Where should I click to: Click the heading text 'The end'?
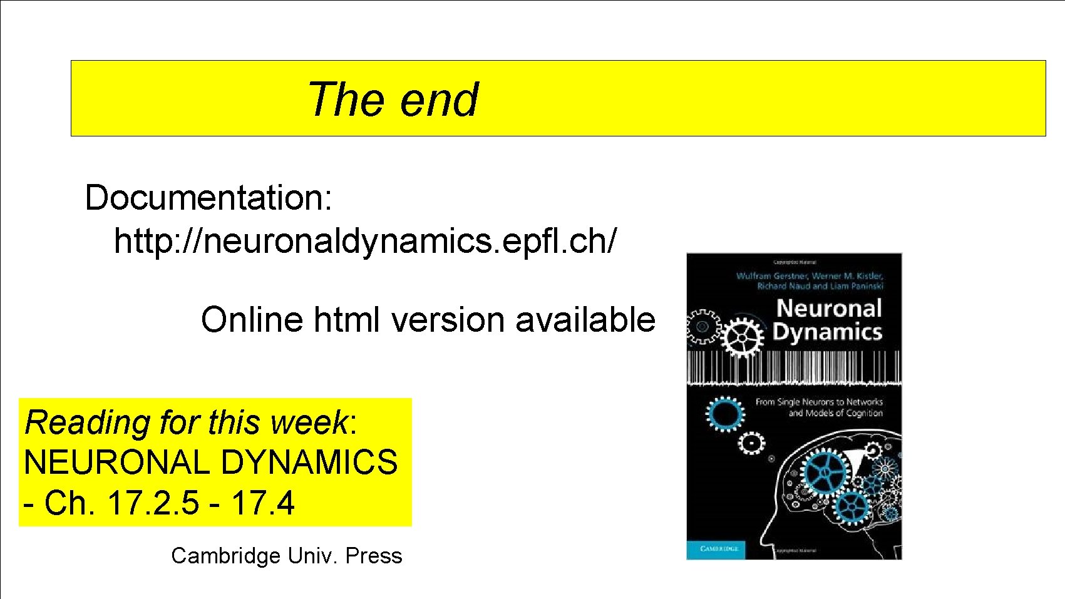click(393, 100)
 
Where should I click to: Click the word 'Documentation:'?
click(208, 198)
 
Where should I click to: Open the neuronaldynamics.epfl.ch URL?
click(365, 241)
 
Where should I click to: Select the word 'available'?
click(585, 320)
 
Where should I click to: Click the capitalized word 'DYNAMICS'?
click(309, 463)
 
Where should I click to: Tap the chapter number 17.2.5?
click(153, 503)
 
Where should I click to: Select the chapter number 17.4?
click(262, 503)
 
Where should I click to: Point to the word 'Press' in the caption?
click(373, 556)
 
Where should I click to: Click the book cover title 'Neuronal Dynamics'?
click(828, 320)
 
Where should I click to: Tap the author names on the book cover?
click(810, 280)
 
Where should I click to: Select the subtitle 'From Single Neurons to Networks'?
click(819, 402)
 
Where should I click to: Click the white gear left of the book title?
click(742, 337)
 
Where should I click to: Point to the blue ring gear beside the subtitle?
click(725, 414)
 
